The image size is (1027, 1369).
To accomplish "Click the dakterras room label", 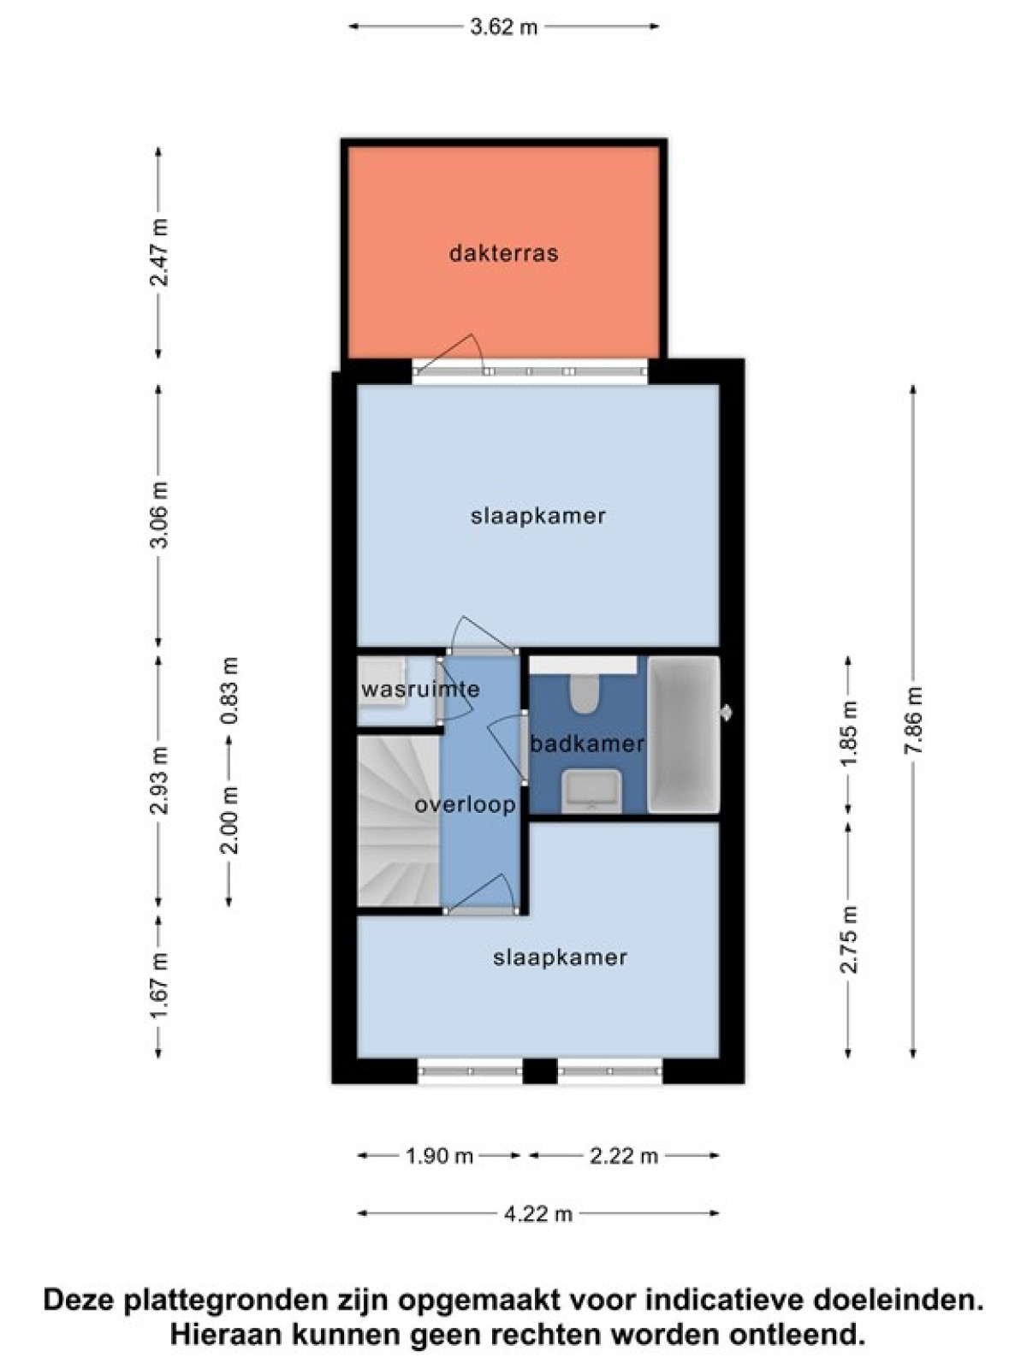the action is [x=503, y=254].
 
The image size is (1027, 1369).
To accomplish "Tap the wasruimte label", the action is [x=420, y=689].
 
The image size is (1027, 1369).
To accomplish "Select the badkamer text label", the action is [x=587, y=744].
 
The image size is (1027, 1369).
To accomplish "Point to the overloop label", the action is [x=466, y=804].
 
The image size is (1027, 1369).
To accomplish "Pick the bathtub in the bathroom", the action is [x=684, y=734].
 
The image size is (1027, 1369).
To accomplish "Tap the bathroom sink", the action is [x=591, y=791].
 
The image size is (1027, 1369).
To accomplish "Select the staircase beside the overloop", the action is [x=399, y=821].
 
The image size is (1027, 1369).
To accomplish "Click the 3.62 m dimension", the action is [x=503, y=27].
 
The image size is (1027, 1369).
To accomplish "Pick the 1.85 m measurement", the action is [x=848, y=733].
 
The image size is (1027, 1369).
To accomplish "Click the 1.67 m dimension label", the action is [x=158, y=988].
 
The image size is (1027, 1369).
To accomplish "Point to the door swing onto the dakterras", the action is [x=449, y=353].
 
